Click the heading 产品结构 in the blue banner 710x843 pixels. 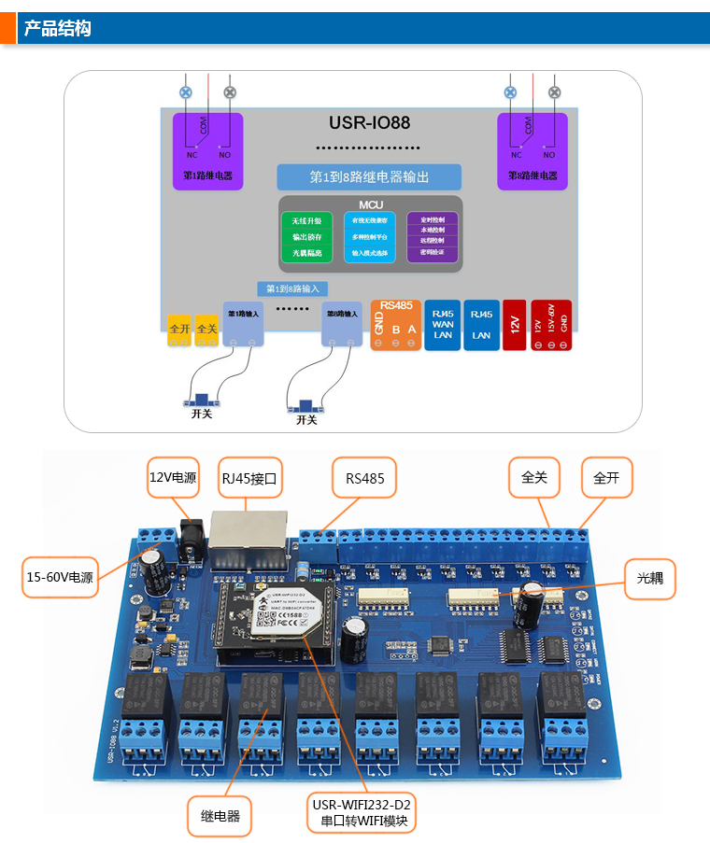pos(58,28)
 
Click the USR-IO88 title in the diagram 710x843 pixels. pos(369,122)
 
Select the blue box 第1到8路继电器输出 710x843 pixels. pos(369,176)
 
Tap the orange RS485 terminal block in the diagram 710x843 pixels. pos(395,324)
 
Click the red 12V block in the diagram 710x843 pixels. pos(514,324)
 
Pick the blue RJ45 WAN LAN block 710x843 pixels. pos(442,324)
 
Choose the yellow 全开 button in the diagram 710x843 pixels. pos(179,329)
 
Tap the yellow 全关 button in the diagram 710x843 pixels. pos(206,329)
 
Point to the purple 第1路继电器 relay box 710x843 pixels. pos(207,151)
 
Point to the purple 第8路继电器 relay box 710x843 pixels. pos(532,151)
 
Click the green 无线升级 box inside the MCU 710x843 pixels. pos(306,221)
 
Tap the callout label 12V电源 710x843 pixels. pos(173,477)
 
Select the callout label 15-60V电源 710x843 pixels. pos(60,577)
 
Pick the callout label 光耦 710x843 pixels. pos(649,578)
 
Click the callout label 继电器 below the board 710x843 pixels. pos(220,816)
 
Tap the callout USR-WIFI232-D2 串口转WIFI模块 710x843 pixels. pos(362,813)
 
